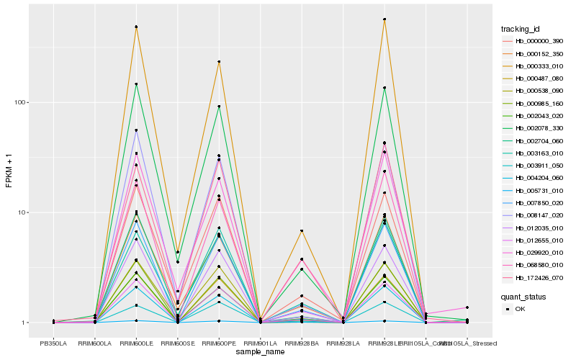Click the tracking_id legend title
tap(521, 29)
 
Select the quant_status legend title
tap(523, 296)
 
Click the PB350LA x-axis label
tap(53, 343)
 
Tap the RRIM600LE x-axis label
tap(136, 343)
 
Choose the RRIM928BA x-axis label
tap(302, 343)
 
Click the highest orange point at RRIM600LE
tap(136, 27)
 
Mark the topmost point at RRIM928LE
tap(384, 19)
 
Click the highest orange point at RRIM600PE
tap(219, 62)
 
